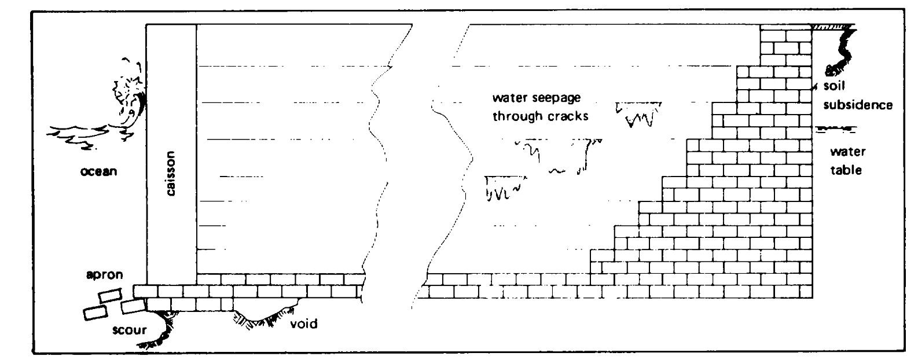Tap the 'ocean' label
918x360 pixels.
(99, 171)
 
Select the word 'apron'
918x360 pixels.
(105, 275)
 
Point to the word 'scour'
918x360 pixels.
(130, 330)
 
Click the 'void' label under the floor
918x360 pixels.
(304, 324)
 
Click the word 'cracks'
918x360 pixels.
(567, 116)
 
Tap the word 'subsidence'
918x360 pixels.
(857, 105)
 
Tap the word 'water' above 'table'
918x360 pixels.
(847, 152)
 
